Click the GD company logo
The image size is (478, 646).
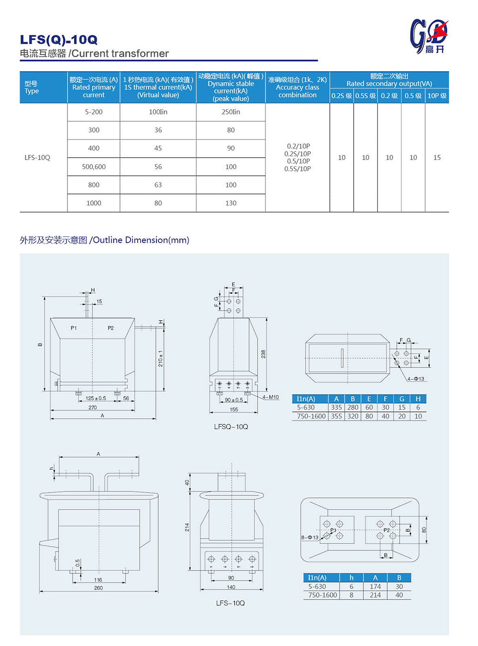click(x=429, y=36)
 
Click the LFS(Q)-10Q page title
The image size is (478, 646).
click(x=58, y=40)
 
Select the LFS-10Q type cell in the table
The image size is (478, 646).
click(x=37, y=158)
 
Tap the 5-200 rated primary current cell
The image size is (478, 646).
click(x=94, y=112)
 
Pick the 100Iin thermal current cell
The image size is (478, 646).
click(x=158, y=112)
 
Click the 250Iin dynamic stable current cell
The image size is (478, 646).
click(x=230, y=112)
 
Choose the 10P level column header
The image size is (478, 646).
click(x=437, y=96)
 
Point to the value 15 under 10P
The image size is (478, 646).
click(x=437, y=158)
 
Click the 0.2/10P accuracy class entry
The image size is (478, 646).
click(x=297, y=146)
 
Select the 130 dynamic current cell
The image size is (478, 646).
click(x=230, y=203)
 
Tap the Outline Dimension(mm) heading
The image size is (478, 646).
click(x=141, y=240)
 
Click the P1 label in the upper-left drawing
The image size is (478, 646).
click(x=74, y=328)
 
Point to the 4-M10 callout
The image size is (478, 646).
click(x=271, y=397)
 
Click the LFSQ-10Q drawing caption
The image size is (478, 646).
click(x=231, y=427)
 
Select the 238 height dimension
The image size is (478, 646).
click(x=263, y=354)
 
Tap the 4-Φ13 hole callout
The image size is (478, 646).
click(x=416, y=379)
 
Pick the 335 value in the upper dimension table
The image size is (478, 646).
click(x=337, y=408)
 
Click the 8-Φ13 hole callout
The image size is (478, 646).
click(x=310, y=538)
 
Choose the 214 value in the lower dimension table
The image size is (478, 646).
click(x=375, y=595)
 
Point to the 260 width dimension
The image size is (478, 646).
click(x=98, y=588)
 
